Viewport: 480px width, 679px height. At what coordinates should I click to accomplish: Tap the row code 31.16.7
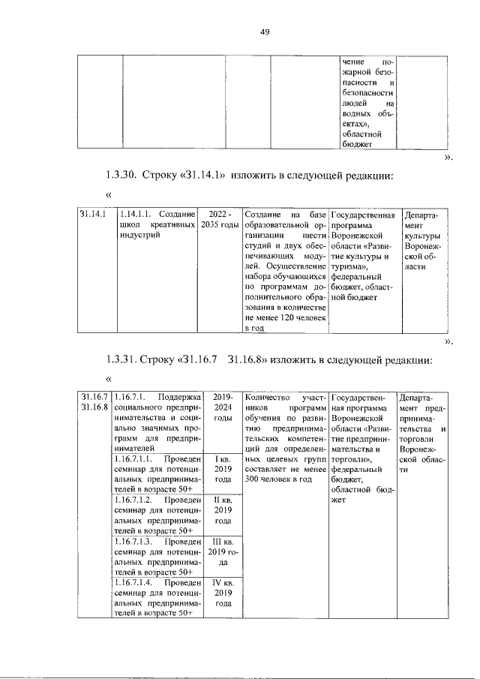[95, 396]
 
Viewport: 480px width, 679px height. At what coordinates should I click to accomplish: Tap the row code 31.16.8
[95, 407]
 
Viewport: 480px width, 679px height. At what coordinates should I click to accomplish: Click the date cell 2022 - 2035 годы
[220, 220]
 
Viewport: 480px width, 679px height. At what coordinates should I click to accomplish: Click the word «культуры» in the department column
[421, 236]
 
